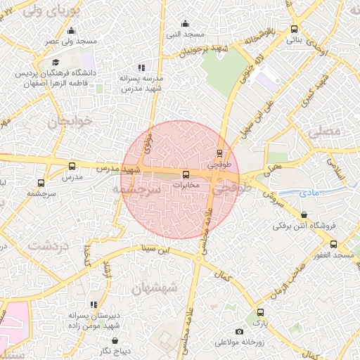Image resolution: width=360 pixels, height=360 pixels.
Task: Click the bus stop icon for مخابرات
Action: pos(186,174)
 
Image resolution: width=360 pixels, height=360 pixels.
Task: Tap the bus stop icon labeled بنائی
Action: pos(293,30)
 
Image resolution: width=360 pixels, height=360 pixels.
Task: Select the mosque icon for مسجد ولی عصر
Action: pos(71,31)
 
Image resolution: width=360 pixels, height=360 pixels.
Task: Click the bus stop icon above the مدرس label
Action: pos(72,167)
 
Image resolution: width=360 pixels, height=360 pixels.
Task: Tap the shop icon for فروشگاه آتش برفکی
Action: pos(303,215)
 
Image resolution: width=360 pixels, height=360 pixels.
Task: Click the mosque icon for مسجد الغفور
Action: pos(333,244)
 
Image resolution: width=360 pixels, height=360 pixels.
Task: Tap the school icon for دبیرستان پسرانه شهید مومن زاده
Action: pos(94,304)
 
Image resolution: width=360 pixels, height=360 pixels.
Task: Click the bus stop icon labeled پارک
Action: pos(260,312)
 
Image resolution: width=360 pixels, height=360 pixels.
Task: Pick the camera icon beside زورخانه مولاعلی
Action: pos(240,332)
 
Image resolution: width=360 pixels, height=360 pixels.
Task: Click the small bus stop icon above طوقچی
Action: pos(220,152)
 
